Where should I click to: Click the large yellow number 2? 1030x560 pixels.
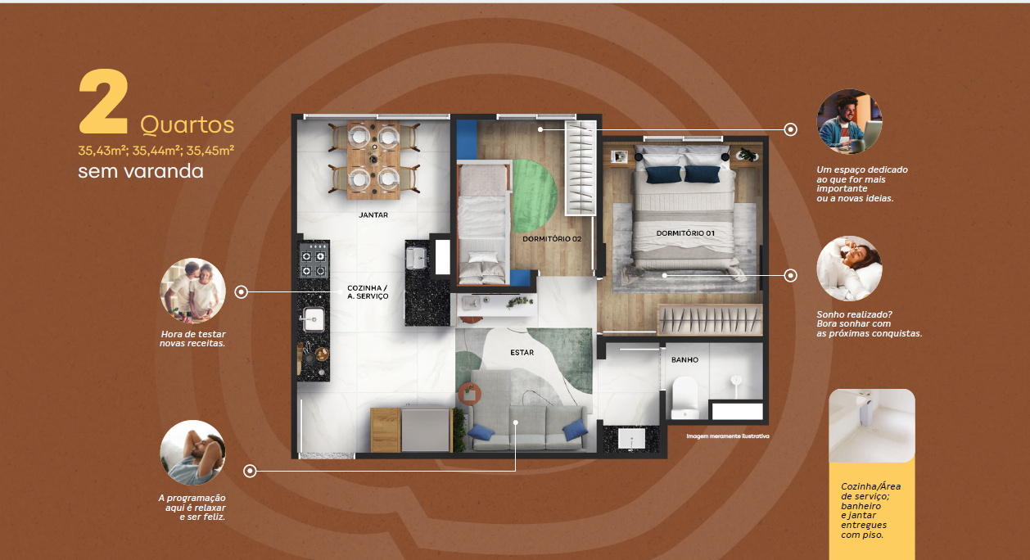(103, 102)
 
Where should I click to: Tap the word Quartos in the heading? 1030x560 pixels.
(187, 125)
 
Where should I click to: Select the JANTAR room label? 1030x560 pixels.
(373, 215)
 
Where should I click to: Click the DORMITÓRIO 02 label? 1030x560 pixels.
(552, 238)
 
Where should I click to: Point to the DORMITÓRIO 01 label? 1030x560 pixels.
(685, 233)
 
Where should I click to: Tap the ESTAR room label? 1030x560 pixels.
(522, 353)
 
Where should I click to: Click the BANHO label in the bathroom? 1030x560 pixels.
(684, 360)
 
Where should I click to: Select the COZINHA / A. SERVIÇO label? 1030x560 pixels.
(368, 292)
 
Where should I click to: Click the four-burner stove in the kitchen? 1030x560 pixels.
(314, 260)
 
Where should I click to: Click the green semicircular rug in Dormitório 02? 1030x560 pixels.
(534, 196)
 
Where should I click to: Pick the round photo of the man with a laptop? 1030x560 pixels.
(849, 121)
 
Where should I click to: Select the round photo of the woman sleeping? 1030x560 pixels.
(849, 269)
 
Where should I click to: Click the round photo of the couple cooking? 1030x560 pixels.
(192, 291)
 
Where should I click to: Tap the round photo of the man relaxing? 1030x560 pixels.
(192, 453)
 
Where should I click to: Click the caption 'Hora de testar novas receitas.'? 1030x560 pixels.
(192, 339)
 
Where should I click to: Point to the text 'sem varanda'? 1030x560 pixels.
(141, 171)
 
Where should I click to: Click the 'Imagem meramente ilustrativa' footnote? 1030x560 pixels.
(727, 436)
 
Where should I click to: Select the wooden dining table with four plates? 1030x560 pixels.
(373, 160)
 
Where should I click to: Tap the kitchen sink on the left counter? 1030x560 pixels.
(313, 319)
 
